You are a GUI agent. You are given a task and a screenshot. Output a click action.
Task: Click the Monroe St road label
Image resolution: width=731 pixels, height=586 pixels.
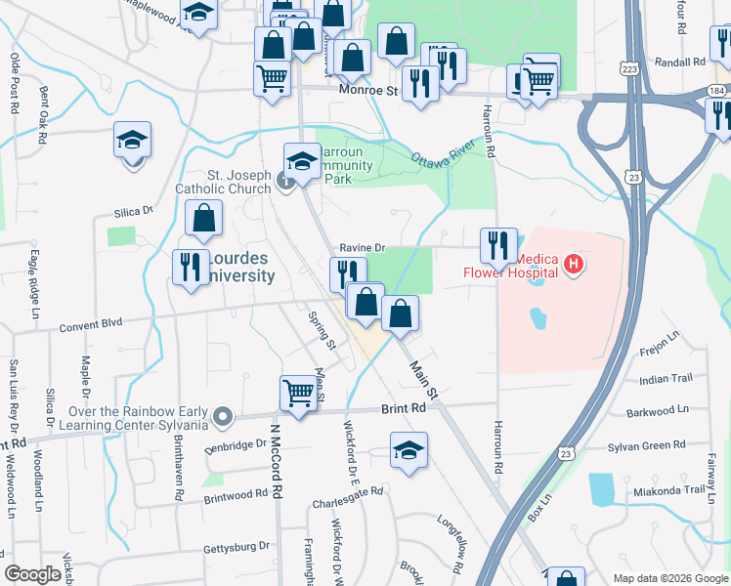click(x=370, y=90)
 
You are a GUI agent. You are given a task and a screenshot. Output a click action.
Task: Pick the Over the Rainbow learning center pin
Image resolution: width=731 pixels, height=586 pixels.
click(x=223, y=417)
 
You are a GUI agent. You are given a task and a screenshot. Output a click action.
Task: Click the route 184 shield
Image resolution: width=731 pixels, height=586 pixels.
click(x=718, y=90)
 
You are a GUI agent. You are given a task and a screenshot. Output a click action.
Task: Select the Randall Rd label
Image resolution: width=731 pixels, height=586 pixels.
click(x=682, y=62)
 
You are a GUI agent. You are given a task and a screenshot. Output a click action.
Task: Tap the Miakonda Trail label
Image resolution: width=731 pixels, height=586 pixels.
click(x=668, y=490)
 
